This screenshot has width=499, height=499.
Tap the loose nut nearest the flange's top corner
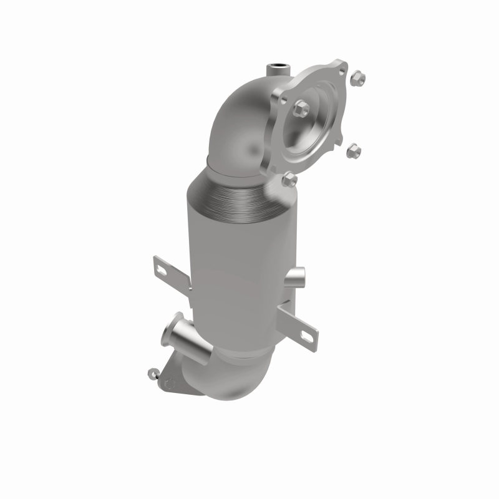(358, 78)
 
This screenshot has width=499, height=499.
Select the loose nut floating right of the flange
(354, 150)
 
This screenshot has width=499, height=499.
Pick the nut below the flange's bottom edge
(289, 180)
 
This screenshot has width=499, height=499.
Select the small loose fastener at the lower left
(152, 373)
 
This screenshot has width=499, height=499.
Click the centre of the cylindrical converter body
(240, 274)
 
